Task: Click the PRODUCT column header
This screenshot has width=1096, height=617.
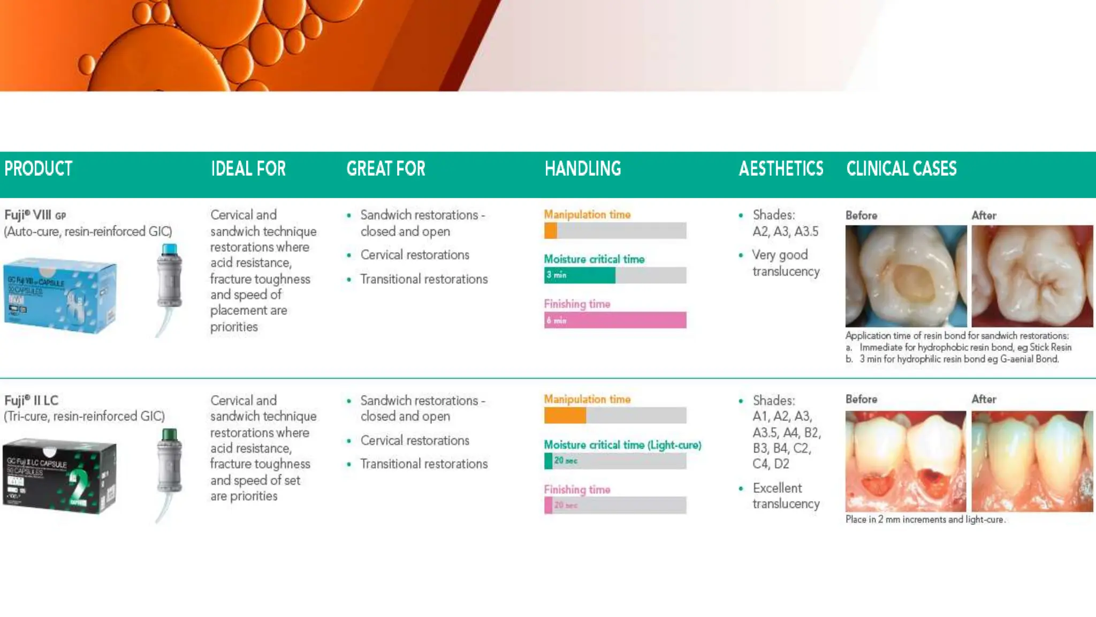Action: [x=39, y=169]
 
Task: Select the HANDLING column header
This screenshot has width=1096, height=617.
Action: [x=583, y=169]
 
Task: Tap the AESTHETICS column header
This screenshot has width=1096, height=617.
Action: [x=781, y=169]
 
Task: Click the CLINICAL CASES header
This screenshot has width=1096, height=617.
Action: [x=901, y=169]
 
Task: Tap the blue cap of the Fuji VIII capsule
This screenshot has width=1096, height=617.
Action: [x=170, y=250]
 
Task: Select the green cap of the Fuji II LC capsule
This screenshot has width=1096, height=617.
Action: [x=170, y=434]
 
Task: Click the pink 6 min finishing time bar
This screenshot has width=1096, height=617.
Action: [x=615, y=320]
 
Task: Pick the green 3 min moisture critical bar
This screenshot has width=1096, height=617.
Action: [x=580, y=275]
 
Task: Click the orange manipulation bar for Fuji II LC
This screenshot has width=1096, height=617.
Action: [x=565, y=416]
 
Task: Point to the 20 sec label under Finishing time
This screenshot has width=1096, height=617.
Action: [x=566, y=505]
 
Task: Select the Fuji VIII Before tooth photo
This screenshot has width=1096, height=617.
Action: [x=905, y=276]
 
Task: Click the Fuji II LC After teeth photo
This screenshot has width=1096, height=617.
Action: [x=1032, y=461]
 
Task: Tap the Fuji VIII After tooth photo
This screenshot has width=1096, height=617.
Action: [x=1032, y=276]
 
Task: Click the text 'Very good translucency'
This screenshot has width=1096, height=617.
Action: [x=785, y=263]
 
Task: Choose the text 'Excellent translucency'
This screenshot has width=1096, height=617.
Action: [x=785, y=496]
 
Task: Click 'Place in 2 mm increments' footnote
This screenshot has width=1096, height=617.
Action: [x=925, y=520]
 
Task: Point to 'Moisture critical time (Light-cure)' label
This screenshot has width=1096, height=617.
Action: [x=622, y=445]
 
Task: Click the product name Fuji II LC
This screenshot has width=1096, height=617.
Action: [x=31, y=401]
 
